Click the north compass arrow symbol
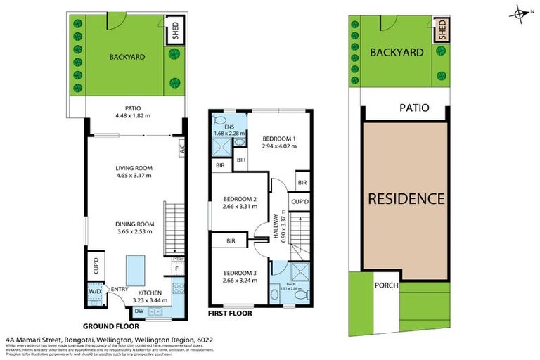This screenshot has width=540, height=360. pyautogui.click(x=521, y=12)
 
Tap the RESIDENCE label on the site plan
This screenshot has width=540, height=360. pyautogui.click(x=406, y=198)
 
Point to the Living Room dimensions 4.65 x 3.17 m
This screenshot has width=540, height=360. pyautogui.click(x=134, y=177)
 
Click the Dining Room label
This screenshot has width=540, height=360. pyautogui.click(x=134, y=225)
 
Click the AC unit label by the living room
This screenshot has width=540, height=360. pyautogui.click(x=181, y=148)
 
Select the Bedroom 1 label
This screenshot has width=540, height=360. pyautogui.click(x=275, y=139)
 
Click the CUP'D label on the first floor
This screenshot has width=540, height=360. pyautogui.click(x=301, y=201)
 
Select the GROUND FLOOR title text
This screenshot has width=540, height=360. pyautogui.click(x=111, y=326)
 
